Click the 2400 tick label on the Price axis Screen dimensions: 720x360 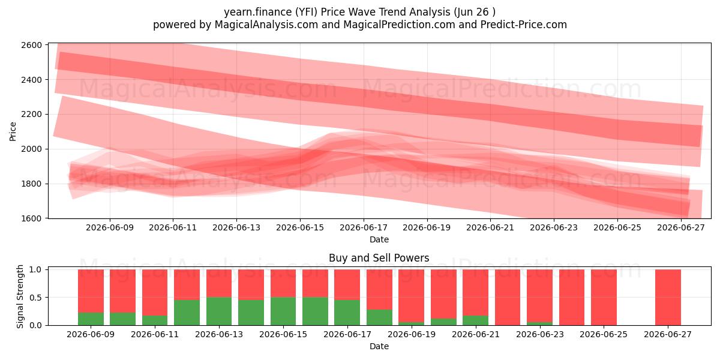[31, 80]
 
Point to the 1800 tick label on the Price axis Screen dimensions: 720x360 [31, 184]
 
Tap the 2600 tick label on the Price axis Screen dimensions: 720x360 [31, 45]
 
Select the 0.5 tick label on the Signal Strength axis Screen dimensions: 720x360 [35, 298]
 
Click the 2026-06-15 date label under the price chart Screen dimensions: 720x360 [300, 227]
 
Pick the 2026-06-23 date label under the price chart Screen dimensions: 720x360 [553, 227]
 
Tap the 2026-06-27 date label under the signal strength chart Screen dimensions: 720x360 [668, 334]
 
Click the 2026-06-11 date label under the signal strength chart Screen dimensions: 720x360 [155, 334]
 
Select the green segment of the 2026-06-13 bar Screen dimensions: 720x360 [219, 311]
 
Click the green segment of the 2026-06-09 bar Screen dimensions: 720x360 [91, 319]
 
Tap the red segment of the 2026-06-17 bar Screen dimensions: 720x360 [347, 285]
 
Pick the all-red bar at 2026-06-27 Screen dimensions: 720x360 [668, 298]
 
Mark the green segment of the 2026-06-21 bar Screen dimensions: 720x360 [475, 320]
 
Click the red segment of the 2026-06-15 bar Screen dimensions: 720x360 [283, 283]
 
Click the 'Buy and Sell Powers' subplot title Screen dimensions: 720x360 [379, 258]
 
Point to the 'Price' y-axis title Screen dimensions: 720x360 [13, 131]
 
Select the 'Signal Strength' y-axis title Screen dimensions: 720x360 [20, 296]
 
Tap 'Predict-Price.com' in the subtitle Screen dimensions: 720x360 [524, 25]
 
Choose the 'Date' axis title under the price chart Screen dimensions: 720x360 [379, 239]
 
